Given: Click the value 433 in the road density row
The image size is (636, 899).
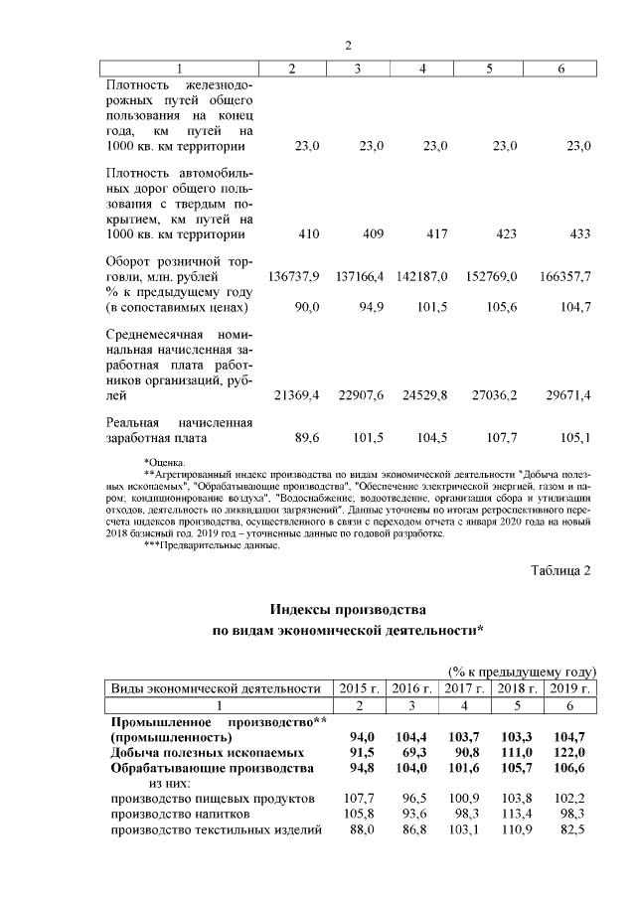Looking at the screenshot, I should [x=577, y=234].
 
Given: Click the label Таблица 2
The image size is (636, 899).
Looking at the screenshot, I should [x=561, y=571].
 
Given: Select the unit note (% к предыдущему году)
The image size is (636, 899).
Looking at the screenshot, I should [x=522, y=672].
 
